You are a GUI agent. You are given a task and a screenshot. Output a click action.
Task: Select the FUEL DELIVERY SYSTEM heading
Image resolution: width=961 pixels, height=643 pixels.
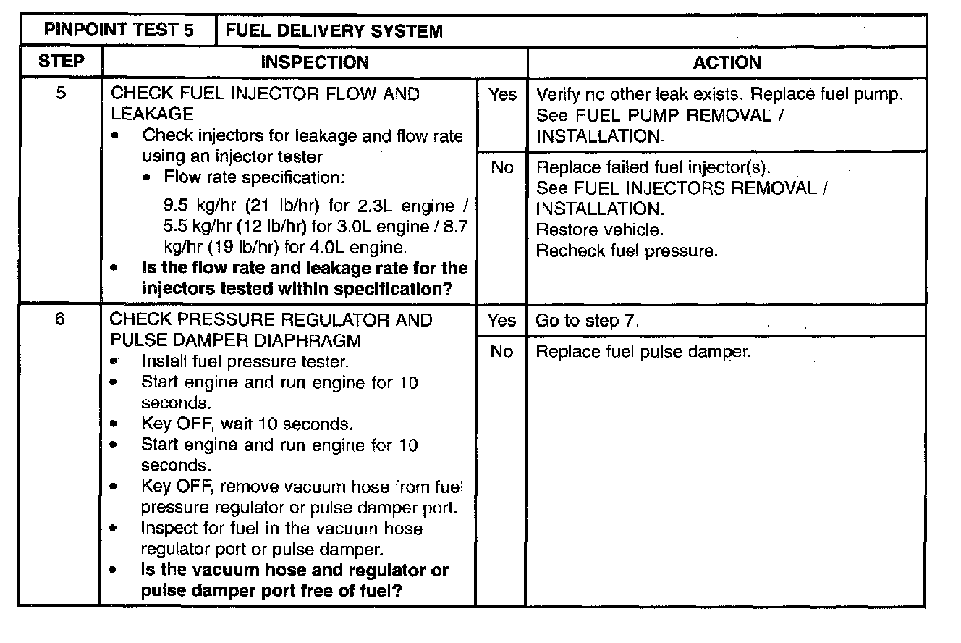[334, 31]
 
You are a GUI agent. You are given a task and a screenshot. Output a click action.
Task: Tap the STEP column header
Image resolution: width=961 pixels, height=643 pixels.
[60, 62]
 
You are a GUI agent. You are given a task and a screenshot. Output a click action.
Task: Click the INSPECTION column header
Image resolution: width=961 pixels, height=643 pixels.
[315, 62]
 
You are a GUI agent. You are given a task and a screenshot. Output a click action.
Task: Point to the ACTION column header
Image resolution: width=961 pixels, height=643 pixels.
[727, 62]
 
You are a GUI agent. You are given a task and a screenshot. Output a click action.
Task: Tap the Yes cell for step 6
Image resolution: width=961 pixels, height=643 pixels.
[501, 321]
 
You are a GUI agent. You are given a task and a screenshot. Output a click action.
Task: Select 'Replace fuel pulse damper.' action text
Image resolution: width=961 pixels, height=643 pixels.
[643, 352]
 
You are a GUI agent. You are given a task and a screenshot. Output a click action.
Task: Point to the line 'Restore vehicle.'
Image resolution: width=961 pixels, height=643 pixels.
[599, 230]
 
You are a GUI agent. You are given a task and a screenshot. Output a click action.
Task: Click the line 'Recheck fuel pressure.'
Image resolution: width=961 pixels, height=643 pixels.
[627, 251]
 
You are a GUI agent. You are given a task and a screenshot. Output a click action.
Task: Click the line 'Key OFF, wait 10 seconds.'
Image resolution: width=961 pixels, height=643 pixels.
[247, 424]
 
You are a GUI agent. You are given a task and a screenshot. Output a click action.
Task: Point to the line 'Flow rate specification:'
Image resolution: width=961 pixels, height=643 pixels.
[254, 177]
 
